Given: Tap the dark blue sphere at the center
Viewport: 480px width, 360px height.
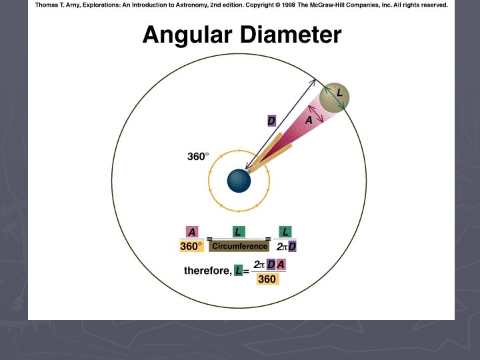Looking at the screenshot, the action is pos(238,180).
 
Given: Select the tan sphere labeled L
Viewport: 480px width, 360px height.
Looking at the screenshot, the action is pos(335,99).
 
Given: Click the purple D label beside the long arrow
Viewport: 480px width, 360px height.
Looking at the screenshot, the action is pos(271,121).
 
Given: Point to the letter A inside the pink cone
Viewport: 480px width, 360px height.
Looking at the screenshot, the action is pos(309,121).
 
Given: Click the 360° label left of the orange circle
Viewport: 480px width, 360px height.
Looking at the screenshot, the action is pos(197,157).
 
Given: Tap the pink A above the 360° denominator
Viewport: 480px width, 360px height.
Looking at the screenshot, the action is pos(192,232).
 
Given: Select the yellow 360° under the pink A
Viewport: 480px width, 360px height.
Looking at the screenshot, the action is pos(192,247).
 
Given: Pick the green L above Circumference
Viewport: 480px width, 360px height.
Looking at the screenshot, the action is pos(237,232).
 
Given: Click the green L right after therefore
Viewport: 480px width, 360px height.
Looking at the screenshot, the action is pos(239,271).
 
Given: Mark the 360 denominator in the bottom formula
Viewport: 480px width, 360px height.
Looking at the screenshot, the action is pos(267,279).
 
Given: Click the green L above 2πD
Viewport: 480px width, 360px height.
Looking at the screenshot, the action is pos(285,232).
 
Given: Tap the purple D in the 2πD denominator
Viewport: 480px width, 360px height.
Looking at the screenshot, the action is pos(292,247).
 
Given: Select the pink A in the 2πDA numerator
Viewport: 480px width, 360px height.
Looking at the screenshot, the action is pos(281,265).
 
